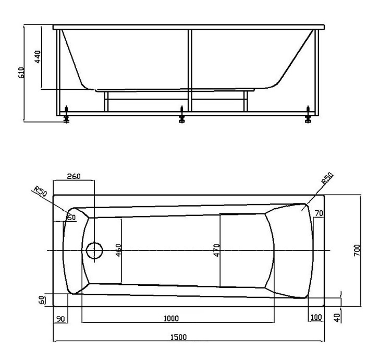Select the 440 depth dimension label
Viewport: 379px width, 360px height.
(38, 56)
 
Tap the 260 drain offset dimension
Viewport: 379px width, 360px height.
(74, 177)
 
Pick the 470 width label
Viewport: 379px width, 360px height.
(216, 251)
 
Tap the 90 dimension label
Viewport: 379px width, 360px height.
(61, 318)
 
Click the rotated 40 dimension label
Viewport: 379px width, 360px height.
(337, 317)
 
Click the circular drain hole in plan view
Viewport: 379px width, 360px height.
(95, 251)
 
